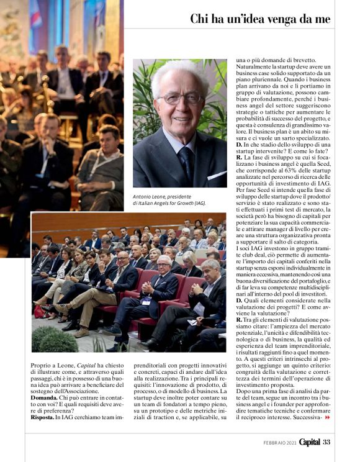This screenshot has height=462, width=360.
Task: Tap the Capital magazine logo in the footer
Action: (x=308, y=442)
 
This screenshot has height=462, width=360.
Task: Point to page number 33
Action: (x=326, y=442)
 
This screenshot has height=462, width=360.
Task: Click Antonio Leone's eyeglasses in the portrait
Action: (x=179, y=98)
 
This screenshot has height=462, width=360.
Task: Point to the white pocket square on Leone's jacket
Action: (x=215, y=176)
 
